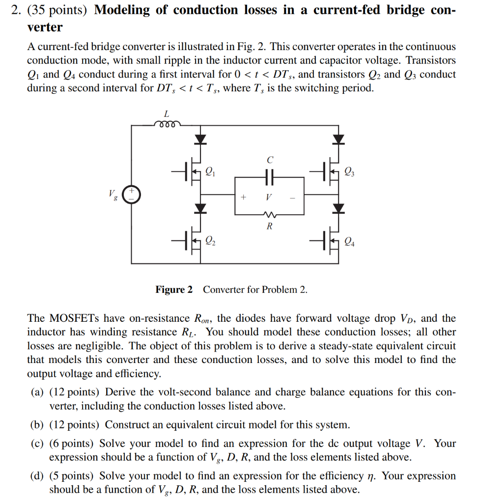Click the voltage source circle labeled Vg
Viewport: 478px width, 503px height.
131,194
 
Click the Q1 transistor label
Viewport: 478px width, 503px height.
210,171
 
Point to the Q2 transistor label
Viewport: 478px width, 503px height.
210,240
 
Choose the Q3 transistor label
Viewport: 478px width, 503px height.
349,171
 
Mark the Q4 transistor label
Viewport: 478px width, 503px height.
349,241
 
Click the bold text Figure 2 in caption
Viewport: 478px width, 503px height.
174,290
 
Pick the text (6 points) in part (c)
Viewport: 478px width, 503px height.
73,444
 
